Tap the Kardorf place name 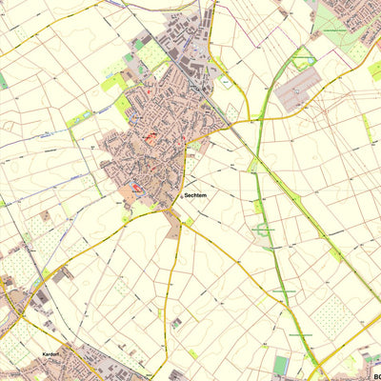point(50,354)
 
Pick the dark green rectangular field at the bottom point(280,365)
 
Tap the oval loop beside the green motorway point(264,230)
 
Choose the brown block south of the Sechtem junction point(172,229)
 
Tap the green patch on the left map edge point(3,81)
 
